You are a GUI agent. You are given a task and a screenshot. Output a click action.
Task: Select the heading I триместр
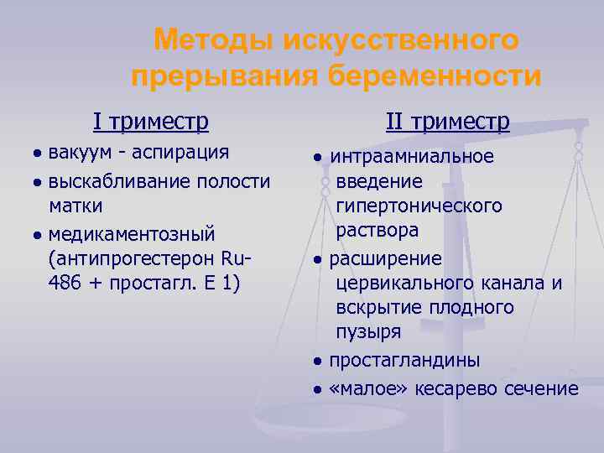click(151, 123)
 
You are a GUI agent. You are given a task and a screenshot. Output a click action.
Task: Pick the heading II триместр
click(447, 123)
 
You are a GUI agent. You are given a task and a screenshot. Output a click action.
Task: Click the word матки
click(75, 205)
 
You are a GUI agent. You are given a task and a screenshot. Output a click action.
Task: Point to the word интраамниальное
click(412, 157)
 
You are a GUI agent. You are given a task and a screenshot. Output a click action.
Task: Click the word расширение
click(385, 258)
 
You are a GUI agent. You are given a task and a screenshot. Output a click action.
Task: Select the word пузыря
click(368, 332)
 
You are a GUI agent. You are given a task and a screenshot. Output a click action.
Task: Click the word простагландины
click(404, 361)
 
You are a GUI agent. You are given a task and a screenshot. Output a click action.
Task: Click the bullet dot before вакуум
click(38, 154)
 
